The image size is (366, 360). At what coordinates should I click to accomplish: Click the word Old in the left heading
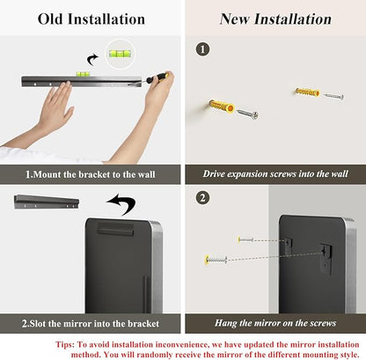(50, 19)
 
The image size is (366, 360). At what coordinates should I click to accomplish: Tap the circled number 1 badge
(202, 49)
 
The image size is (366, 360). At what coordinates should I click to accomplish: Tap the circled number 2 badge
(202, 198)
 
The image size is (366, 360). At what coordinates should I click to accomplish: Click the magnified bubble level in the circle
(120, 54)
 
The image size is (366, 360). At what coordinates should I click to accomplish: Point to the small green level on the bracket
(83, 74)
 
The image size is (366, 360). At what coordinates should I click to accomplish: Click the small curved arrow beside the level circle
(92, 60)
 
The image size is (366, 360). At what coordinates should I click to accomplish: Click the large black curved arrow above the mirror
(122, 203)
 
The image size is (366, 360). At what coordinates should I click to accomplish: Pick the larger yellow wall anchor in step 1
(222, 106)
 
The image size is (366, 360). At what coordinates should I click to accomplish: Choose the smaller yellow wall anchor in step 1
(307, 92)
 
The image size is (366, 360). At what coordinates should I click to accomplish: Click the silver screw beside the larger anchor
(248, 114)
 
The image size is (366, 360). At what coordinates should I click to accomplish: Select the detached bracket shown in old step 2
(47, 202)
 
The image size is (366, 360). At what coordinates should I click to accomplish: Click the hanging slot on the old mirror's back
(115, 229)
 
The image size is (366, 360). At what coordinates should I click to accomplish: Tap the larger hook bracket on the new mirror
(326, 256)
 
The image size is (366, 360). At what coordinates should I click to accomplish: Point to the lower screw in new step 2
(216, 260)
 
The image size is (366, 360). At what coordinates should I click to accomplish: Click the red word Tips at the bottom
(65, 344)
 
